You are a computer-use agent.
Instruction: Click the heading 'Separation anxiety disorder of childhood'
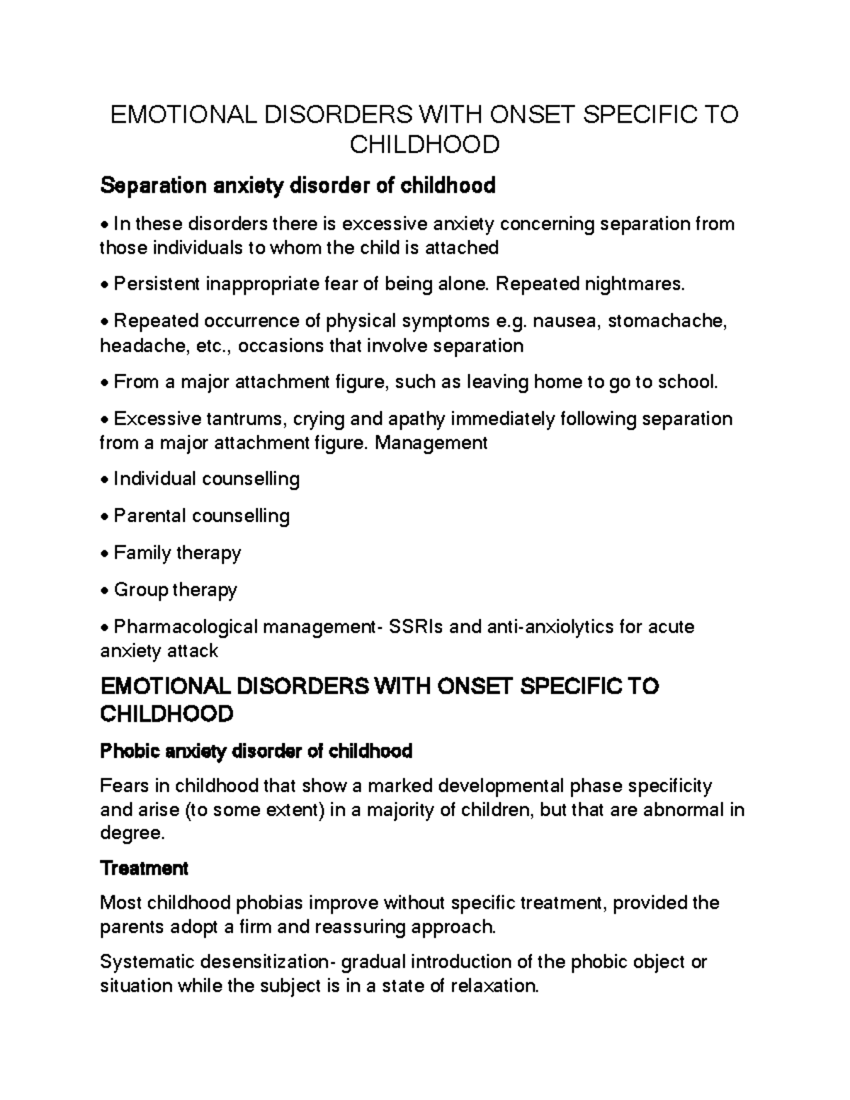[297, 186]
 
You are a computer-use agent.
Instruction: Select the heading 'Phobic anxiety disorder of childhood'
[256, 751]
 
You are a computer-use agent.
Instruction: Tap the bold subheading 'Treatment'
[144, 868]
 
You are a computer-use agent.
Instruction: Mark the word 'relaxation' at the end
[494, 986]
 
